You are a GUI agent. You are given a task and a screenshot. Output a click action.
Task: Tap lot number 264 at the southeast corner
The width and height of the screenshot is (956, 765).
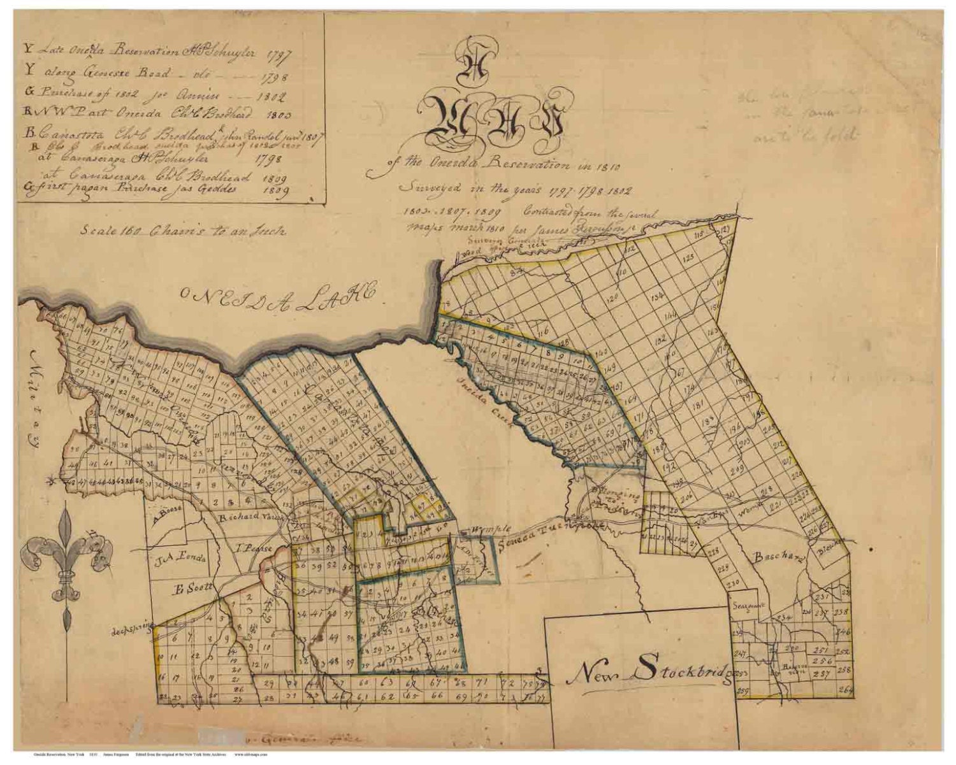coord(845,689)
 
